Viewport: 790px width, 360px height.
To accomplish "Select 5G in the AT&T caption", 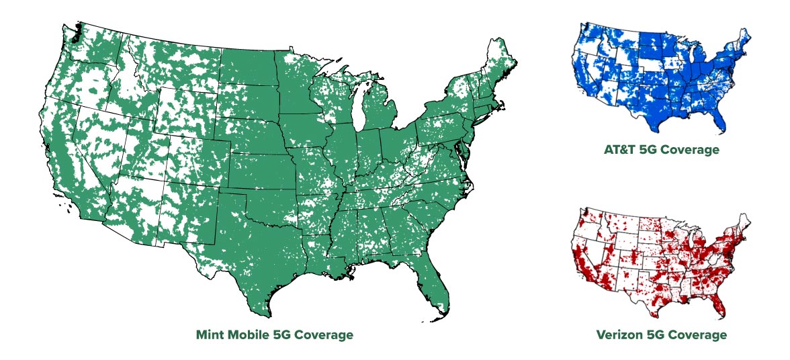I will (x=650, y=150).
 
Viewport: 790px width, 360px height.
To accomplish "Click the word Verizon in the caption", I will (x=619, y=334).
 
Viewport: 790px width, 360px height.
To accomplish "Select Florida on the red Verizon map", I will (x=718, y=302).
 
